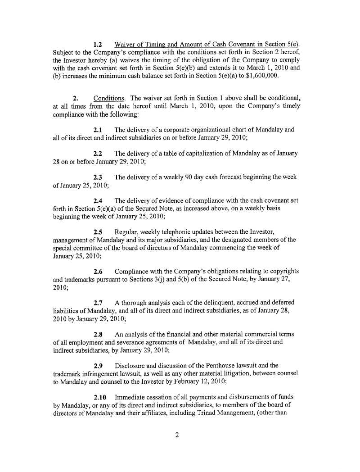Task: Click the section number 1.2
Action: (99, 45)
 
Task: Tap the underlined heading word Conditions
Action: (106, 98)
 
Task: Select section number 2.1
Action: (99, 130)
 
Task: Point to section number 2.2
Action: (99, 154)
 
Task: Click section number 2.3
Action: (99, 177)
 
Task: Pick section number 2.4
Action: (99, 200)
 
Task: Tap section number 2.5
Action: (99, 232)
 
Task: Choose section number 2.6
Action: (99, 271)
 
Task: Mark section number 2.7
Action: (99, 303)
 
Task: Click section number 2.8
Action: (99, 334)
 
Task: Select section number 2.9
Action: (99, 366)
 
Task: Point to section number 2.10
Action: (100, 397)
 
